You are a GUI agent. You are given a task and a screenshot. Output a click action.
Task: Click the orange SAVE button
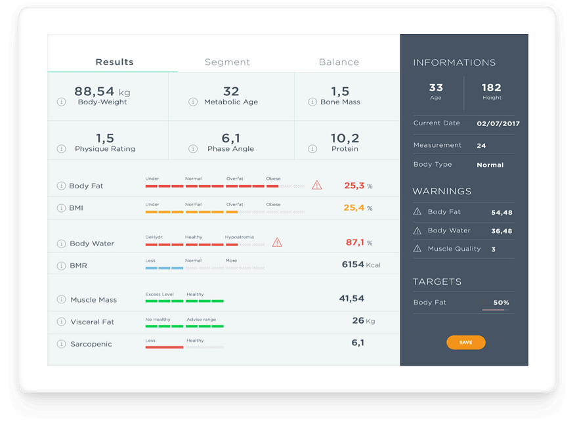tap(465, 342)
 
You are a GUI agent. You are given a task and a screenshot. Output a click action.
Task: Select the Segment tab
tap(227, 62)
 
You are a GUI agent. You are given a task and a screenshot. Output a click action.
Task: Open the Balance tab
tap(339, 62)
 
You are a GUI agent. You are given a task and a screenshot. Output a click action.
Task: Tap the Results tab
tap(114, 62)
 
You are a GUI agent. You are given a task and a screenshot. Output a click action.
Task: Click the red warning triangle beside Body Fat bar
tap(317, 185)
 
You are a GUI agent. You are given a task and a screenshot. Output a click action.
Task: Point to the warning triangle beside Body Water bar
tap(277, 242)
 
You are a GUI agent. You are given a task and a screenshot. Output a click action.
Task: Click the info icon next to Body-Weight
tap(62, 102)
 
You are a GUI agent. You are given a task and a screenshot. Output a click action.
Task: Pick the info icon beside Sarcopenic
tap(62, 344)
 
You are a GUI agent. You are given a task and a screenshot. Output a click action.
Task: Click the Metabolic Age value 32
tap(231, 91)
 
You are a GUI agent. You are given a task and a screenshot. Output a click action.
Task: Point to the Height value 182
tap(491, 87)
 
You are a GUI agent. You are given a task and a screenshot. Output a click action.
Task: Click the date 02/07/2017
tap(498, 123)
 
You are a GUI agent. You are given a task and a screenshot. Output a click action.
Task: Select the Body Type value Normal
tap(491, 165)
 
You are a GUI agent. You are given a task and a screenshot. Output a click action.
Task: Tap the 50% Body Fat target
tap(501, 303)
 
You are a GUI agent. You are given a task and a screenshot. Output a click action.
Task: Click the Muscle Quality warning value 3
tap(494, 249)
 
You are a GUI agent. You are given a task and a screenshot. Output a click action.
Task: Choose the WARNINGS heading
tap(442, 192)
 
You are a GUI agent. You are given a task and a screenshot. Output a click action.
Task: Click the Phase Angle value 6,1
tap(231, 138)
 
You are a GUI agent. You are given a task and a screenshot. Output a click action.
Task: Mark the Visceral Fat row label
tap(93, 322)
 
